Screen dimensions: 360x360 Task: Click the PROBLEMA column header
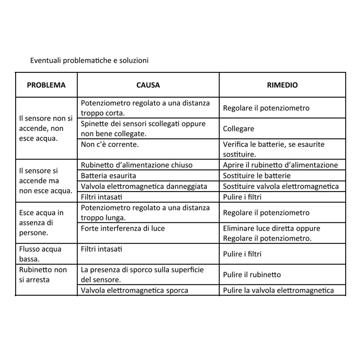pos(46,85)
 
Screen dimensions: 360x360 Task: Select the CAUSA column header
pos(148,85)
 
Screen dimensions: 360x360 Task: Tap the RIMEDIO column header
pos(282,85)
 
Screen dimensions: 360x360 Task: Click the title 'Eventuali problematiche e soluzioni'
pos(89,61)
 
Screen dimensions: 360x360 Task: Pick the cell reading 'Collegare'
pos(238,129)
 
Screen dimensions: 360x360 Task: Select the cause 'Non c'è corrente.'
pos(110,144)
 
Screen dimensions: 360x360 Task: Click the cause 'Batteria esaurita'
pos(108,176)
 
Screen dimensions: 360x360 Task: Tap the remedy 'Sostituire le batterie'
pos(256,176)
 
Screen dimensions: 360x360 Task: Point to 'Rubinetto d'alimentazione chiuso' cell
pos(136,165)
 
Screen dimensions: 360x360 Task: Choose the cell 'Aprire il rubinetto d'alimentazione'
pos(280,165)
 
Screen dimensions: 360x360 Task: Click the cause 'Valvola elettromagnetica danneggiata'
pos(144,186)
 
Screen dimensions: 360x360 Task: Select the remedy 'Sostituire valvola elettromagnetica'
pos(280,186)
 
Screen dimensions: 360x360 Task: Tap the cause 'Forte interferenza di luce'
pos(122,228)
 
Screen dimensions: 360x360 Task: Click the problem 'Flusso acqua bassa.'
pos(40,254)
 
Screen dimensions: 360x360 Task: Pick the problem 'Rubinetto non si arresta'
pos(43,274)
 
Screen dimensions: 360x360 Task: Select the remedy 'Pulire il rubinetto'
pos(252,275)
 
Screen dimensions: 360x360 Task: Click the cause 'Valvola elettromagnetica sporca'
pos(134,290)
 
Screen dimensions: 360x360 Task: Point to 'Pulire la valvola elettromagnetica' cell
pos(278,290)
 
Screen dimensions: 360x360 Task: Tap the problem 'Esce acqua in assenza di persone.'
pos(41,223)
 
